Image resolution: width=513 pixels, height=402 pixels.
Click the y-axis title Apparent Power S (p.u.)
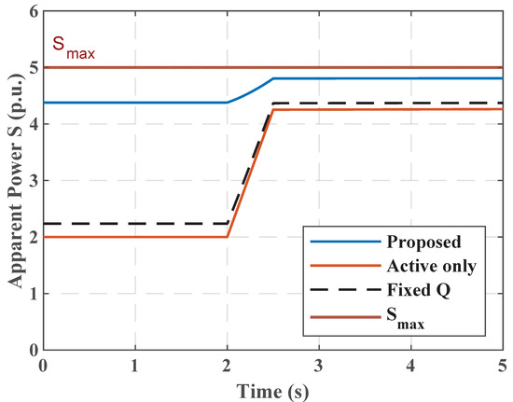[16, 181]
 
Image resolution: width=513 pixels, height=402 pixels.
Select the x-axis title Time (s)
[272, 391]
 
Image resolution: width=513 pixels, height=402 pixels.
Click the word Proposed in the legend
[424, 243]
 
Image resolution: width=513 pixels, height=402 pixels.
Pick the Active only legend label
[432, 266]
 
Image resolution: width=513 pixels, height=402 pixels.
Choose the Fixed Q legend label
[419, 290]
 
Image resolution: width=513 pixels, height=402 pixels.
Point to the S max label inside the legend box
[406, 319]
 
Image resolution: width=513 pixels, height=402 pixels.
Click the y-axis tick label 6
[34, 12]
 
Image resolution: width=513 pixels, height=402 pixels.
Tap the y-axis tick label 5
[34, 68]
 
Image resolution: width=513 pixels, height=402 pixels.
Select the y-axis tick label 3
[34, 181]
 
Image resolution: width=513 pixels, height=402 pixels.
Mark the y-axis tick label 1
[34, 294]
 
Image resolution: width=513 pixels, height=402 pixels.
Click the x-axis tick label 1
[135, 366]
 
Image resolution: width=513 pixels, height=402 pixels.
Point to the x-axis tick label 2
[227, 366]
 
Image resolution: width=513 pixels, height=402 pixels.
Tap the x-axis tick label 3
[319, 366]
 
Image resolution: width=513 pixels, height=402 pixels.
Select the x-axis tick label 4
[410, 366]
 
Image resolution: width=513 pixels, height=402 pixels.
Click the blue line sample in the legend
[346, 243]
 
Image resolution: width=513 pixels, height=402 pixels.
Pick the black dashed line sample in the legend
[346, 290]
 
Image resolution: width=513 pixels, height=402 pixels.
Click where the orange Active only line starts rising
[227, 237]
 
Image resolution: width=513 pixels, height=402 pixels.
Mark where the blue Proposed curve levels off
[273, 78]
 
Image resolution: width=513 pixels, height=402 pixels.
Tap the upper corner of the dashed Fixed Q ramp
[273, 104]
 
